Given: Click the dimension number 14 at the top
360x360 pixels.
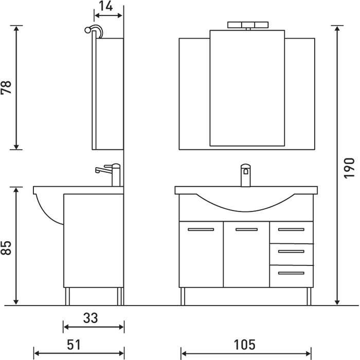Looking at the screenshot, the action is click(x=106, y=6).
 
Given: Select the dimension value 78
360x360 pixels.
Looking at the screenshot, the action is click(x=6, y=87).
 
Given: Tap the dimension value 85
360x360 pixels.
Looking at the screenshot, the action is click(x=6, y=248).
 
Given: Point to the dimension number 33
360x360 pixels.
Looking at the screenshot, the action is click(x=91, y=318).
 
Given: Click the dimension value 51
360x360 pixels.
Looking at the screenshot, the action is click(x=74, y=345).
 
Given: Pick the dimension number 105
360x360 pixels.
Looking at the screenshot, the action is click(x=244, y=345).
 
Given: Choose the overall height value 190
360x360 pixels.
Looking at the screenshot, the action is click(x=349, y=168).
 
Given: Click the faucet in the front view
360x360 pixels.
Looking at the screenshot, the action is click(x=245, y=175).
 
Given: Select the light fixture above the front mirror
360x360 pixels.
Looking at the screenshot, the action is click(x=248, y=26).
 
